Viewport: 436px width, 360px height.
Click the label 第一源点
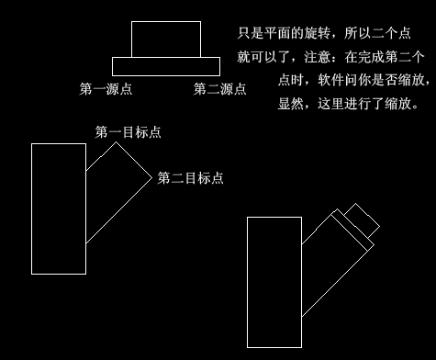[x=106, y=89]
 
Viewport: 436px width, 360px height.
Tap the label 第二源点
[x=219, y=89]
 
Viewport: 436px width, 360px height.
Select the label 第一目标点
[x=129, y=132]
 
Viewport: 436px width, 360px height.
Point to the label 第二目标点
[x=191, y=177]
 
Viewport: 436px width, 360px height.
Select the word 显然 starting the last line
[x=292, y=103]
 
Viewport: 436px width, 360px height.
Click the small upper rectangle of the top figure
[x=165, y=39]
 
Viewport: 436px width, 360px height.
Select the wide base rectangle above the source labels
[x=165, y=66]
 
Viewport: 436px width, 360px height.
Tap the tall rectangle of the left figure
[x=58, y=208]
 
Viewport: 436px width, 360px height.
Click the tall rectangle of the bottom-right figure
[x=274, y=282]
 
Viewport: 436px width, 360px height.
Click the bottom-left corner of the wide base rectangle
[x=112, y=75]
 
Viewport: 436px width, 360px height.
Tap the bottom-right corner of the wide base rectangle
[x=219, y=75]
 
